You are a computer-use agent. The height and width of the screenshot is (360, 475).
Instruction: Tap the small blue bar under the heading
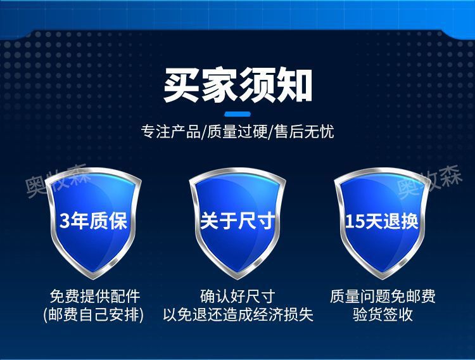coord(237,115)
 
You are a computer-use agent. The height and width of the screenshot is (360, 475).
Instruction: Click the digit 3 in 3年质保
coord(64,221)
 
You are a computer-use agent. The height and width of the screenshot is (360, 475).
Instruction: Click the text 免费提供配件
coord(94,297)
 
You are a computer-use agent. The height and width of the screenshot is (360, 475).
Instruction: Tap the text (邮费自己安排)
coord(94,315)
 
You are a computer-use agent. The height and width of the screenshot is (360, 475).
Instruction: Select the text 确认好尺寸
coord(237,297)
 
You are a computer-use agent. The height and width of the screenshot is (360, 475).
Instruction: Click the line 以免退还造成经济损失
coord(237,315)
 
